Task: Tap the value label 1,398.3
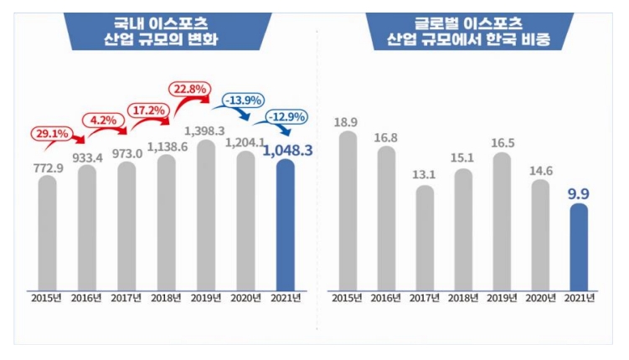pyautogui.click(x=206, y=131)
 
